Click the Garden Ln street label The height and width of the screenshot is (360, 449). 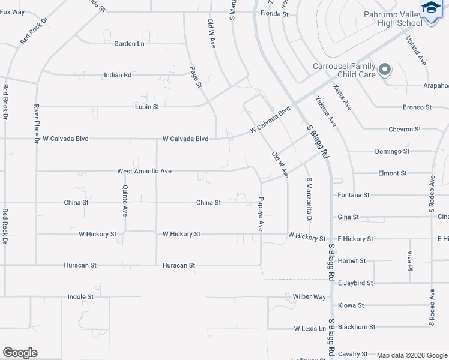click(130, 43)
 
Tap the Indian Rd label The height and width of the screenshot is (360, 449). click(118, 75)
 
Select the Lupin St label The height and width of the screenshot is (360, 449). click(147, 107)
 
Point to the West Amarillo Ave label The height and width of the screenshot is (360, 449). click(145, 171)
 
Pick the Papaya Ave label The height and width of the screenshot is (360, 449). click(261, 214)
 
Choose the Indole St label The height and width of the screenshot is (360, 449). click(80, 296)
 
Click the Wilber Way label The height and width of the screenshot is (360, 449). click(309, 296)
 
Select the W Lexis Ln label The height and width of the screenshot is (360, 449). click(310, 329)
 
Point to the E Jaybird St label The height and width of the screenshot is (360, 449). click(355, 283)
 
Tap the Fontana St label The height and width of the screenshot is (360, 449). click(354, 195)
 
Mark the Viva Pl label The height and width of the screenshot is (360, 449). click(411, 260)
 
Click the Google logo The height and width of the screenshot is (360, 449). click(20, 353)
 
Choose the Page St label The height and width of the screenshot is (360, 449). click(196, 77)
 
